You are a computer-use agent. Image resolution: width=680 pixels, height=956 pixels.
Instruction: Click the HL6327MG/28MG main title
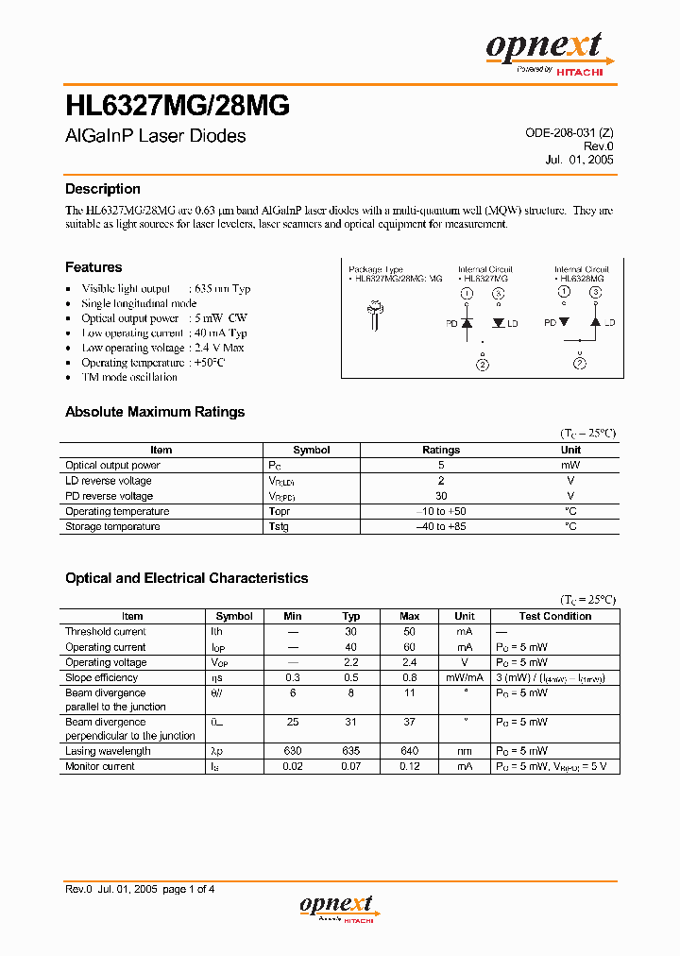coord(177,106)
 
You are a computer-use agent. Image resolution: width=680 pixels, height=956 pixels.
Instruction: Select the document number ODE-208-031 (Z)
coord(569,133)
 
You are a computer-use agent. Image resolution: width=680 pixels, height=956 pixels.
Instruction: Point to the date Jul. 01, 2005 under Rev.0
coord(579,160)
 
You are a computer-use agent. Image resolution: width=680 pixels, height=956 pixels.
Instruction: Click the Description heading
coord(102,189)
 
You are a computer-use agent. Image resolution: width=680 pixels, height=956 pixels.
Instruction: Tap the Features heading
coord(93,267)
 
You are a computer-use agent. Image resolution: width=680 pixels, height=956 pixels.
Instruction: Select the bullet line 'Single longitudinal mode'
coord(139,303)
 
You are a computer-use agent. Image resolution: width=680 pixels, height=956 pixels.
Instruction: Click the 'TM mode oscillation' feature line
coord(129,377)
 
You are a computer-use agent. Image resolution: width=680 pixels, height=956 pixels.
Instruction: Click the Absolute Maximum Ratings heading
coord(155,412)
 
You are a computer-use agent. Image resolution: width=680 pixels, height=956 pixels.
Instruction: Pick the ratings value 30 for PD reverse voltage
coord(441,496)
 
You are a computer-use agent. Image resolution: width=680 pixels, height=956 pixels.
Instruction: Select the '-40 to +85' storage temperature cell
coord(441,526)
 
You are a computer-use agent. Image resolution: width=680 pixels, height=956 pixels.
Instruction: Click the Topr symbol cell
coord(279,511)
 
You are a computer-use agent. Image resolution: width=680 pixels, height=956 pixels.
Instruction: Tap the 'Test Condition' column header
coord(554,616)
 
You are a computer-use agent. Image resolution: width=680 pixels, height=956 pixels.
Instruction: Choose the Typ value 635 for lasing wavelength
coord(351,751)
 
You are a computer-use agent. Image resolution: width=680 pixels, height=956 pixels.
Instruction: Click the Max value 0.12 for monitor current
coord(410,766)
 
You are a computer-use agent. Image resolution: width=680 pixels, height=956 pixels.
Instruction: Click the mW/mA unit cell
coord(465,677)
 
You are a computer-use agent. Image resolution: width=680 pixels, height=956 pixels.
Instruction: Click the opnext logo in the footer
coord(339,907)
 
